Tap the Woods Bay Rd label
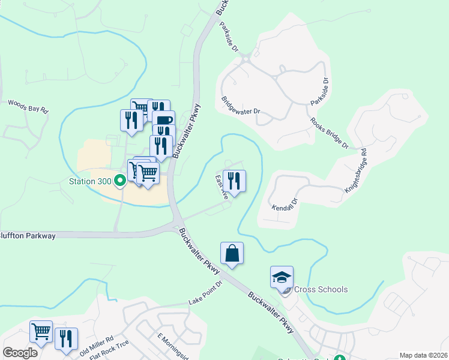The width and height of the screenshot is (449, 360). [28, 106]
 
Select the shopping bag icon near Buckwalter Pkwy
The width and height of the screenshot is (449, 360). [232, 254]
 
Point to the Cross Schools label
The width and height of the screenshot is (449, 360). [320, 289]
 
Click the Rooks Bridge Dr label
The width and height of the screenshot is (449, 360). [329, 133]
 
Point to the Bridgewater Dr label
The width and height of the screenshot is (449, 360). [240, 106]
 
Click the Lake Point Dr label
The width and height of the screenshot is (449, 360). [205, 292]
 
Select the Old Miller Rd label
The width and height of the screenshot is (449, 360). [97, 344]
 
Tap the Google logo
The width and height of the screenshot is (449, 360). [20, 352]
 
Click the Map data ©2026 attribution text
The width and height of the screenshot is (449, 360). [423, 355]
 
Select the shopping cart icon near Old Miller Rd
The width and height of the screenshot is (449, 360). [41, 332]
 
